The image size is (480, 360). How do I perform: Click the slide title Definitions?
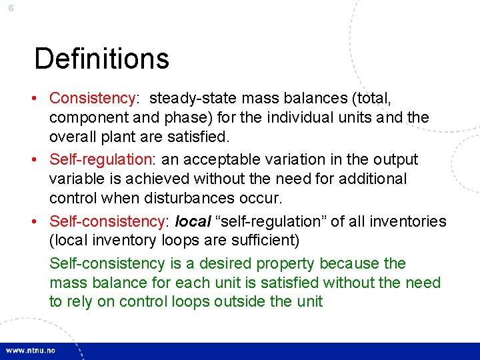[101, 59]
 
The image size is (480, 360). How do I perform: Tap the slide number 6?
[11, 7]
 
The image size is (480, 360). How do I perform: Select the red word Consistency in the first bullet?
[92, 99]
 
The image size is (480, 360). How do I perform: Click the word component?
[87, 118]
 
